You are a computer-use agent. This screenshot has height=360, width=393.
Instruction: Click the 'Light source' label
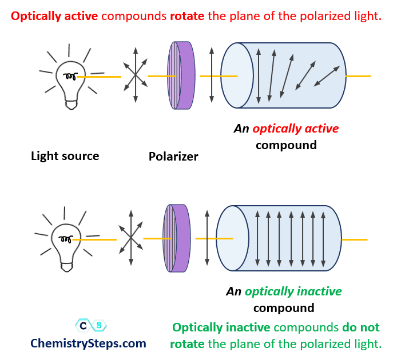tap(65, 156)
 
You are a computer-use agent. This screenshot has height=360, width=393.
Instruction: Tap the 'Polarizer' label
tap(173, 156)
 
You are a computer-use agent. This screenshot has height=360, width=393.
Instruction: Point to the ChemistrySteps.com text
tap(88, 343)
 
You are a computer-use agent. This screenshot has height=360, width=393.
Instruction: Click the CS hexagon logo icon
tap(91, 326)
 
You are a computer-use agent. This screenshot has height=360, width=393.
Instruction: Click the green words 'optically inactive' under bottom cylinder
tap(293, 291)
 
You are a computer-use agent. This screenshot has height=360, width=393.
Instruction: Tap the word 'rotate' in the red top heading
tap(187, 16)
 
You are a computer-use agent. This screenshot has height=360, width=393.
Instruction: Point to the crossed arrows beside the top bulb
tap(136, 75)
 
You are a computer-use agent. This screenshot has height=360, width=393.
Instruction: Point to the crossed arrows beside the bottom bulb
tap(131, 238)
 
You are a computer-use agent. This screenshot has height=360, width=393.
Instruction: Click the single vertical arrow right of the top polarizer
tap(212, 75)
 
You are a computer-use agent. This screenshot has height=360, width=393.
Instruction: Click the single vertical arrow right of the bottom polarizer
tap(207, 238)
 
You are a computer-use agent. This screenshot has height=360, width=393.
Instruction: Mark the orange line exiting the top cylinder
tap(358, 76)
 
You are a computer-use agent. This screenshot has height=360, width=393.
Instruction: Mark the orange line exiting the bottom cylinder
tap(355, 239)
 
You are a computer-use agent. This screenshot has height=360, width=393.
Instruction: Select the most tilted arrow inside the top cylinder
tap(327, 76)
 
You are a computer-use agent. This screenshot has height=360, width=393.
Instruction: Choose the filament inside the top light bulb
tap(70, 75)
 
